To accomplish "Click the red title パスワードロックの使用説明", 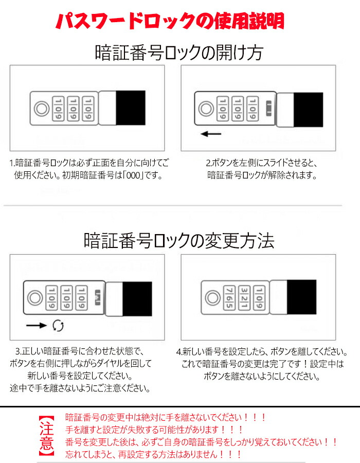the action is [x=170, y=21].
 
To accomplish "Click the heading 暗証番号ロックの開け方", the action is [x=179, y=53].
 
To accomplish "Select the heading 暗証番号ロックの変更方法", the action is [x=179, y=240].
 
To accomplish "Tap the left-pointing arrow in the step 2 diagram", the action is [x=211, y=134].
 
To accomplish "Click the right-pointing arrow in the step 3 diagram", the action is [x=37, y=326].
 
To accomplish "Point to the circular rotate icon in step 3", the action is [x=58, y=326].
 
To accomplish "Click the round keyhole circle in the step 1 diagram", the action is [x=42, y=109].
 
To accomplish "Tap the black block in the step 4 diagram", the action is [x=301, y=297].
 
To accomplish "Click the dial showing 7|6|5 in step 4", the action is [x=229, y=298].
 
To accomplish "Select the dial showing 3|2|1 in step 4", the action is [x=244, y=298].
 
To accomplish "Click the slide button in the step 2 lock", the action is [x=269, y=109].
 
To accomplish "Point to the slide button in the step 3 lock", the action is [x=98, y=298].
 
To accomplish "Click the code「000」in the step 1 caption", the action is [x=133, y=175].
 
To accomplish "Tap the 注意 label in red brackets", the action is [x=47, y=436].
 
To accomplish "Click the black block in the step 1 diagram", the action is [x=131, y=108].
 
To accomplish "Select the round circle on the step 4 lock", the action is [x=212, y=298].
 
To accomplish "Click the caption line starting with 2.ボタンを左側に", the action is [x=261, y=163].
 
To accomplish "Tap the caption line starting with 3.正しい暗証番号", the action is [x=80, y=351].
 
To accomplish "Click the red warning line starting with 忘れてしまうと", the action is [x=153, y=454].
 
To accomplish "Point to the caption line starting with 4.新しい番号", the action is [x=262, y=351].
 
